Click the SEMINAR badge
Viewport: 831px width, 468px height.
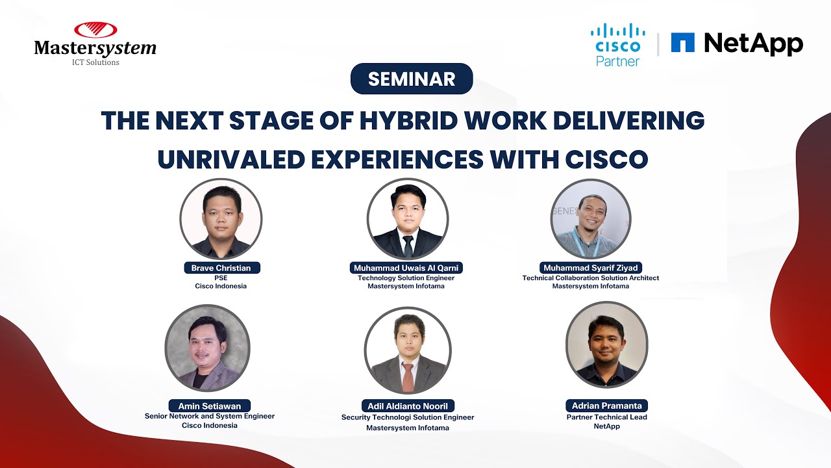412,79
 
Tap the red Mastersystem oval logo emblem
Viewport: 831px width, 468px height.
95,30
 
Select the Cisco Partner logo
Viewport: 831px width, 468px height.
618,44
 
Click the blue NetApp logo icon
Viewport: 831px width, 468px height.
682,43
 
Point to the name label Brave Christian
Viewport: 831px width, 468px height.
221,268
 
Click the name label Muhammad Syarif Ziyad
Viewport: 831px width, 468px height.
590,268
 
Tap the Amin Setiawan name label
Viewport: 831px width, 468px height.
209,406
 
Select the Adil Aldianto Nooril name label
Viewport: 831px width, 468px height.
408,406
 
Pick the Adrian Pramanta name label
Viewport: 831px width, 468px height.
606,406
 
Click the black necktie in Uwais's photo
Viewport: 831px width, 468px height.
408,245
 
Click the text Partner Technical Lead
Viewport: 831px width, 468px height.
606,417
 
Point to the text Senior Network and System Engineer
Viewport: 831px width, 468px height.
209,416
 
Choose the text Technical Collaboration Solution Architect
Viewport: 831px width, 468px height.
590,278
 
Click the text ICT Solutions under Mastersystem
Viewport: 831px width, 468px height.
95,62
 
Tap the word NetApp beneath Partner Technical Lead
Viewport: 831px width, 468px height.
606,426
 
